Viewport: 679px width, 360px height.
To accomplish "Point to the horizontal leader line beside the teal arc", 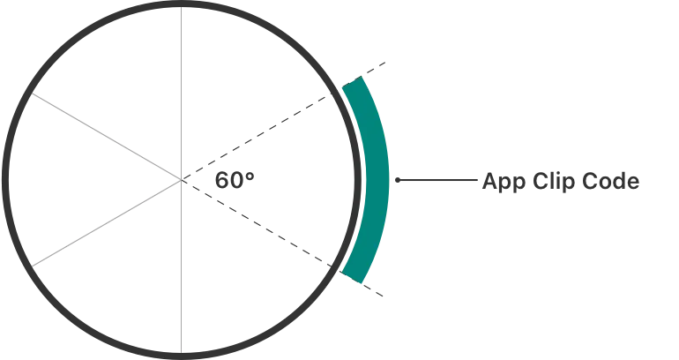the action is coord(436,181).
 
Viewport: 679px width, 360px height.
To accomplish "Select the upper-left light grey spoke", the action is coord(106,138).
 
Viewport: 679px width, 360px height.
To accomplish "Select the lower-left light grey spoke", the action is coord(106,222).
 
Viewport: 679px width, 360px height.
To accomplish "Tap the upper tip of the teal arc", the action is coord(353,83).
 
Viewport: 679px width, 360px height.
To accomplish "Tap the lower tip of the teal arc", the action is coord(353,279).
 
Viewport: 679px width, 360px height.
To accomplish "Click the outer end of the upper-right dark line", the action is coord(385,62).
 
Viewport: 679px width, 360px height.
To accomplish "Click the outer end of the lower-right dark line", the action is coord(385,300).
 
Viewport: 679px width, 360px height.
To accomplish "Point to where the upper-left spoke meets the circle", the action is coord(33,95).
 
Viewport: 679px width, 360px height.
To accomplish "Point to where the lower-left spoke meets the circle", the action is coord(33,265).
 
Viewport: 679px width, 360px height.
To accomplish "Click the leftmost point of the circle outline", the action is coord(5,180).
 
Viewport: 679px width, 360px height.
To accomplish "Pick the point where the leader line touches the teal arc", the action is coord(392,181).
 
